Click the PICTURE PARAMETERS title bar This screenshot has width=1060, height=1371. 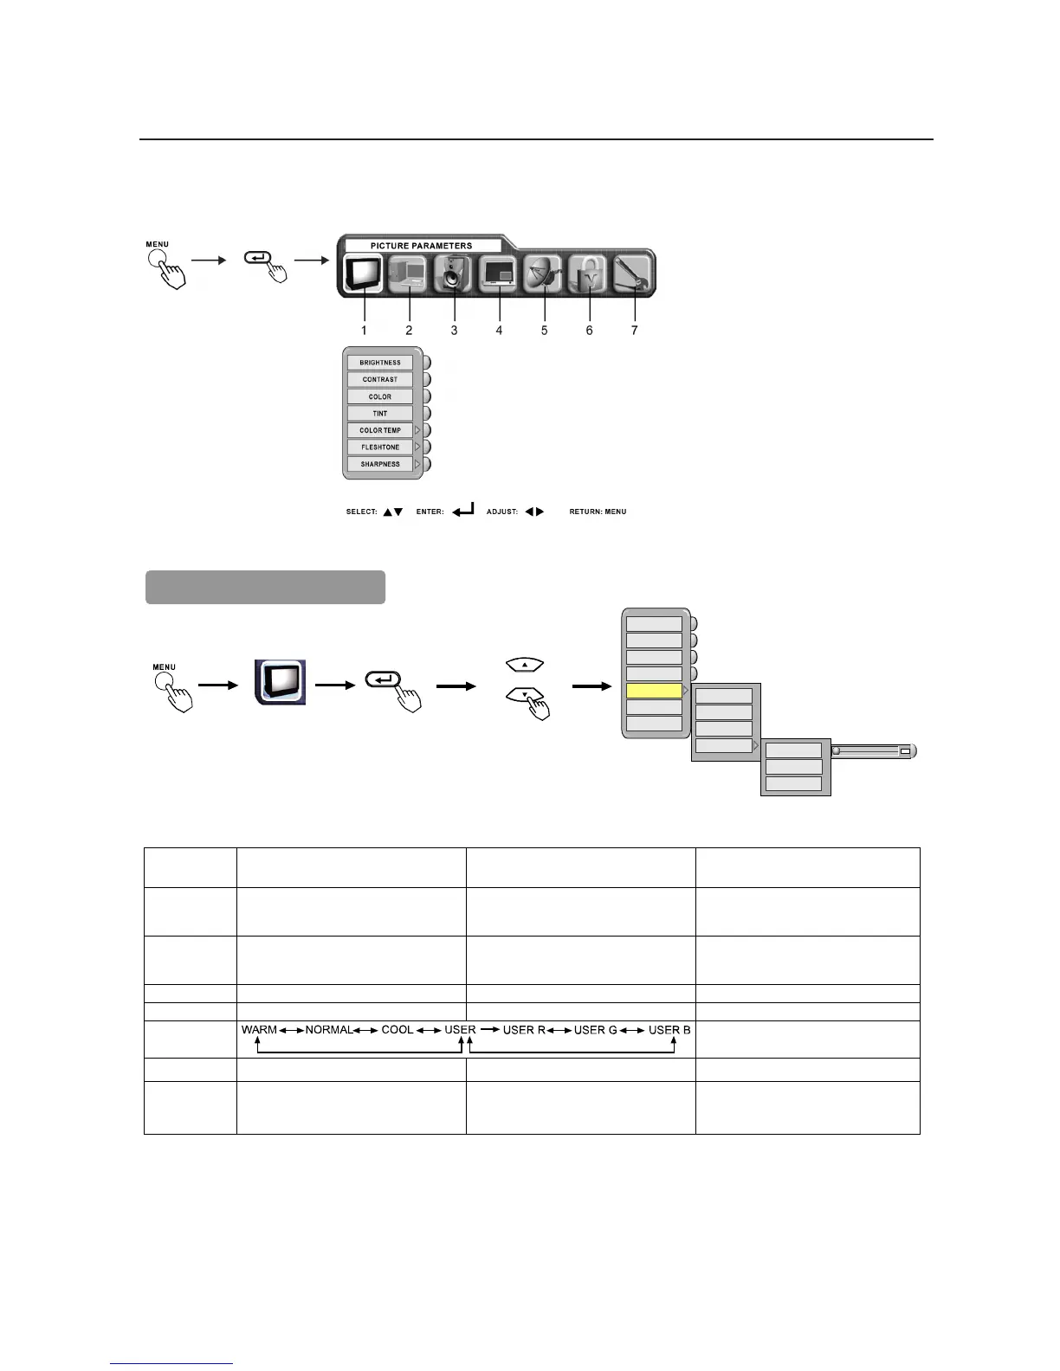pyautogui.click(x=422, y=246)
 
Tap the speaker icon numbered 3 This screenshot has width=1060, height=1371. pyautogui.click(x=453, y=274)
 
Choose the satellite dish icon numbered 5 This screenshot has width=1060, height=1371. pyautogui.click(x=545, y=274)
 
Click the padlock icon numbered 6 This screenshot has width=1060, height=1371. pyautogui.click(x=590, y=274)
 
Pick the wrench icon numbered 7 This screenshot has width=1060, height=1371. pyautogui.click(x=635, y=274)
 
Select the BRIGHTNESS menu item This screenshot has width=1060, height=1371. pyautogui.click(x=380, y=363)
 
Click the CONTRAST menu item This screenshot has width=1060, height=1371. pyautogui.click(x=380, y=379)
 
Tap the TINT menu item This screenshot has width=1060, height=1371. pyautogui.click(x=380, y=414)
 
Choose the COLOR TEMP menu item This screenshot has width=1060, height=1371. pyautogui.click(x=380, y=430)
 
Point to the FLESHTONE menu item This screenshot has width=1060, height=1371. pyautogui.click(x=380, y=447)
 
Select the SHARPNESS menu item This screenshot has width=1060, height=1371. pyautogui.click(x=380, y=464)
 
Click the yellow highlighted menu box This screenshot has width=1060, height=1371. pyautogui.click(x=654, y=691)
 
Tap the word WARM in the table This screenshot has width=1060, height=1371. pyautogui.click(x=259, y=1030)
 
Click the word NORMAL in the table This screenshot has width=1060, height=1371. pyautogui.click(x=329, y=1030)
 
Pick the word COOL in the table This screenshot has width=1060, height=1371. pyautogui.click(x=397, y=1030)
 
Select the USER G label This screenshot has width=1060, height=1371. pyautogui.click(x=596, y=1030)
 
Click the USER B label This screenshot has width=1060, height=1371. pyautogui.click(x=669, y=1030)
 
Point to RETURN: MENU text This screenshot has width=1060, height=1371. pyautogui.click(x=598, y=512)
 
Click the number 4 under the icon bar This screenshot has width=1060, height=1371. pyautogui.click(x=499, y=331)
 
